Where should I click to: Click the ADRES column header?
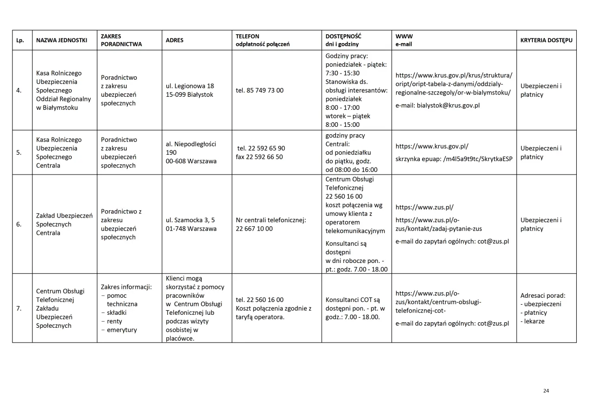pyautogui.click(x=175, y=40)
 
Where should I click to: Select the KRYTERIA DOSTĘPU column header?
pyautogui.click(x=546, y=40)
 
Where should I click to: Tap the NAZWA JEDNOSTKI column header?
pyautogui.click(x=62, y=40)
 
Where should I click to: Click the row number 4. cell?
pyautogui.click(x=19, y=90)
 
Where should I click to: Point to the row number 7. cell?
pyautogui.click(x=19, y=308)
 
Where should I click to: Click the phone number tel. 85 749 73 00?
pyautogui.click(x=259, y=90)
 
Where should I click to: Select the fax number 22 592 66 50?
pyautogui.click(x=259, y=157)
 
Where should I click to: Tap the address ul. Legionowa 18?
pyautogui.click(x=190, y=86)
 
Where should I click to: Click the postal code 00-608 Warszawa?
pyautogui.click(x=191, y=161)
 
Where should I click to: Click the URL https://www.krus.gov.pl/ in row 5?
pyautogui.click(x=432, y=146)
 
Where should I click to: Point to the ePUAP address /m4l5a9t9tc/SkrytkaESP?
pyautogui.click(x=478, y=159)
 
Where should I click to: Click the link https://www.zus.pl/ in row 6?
pyautogui.click(x=424, y=207)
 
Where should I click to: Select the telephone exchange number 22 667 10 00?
pyautogui.click(x=254, y=229)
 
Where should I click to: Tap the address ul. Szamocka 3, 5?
pyautogui.click(x=190, y=220)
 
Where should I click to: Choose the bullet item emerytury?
pyautogui.click(x=122, y=330)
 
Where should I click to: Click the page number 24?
pyautogui.click(x=546, y=391)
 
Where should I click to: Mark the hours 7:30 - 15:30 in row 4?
pyautogui.click(x=343, y=73)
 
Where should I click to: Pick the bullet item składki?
pyautogui.click(x=117, y=313)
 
